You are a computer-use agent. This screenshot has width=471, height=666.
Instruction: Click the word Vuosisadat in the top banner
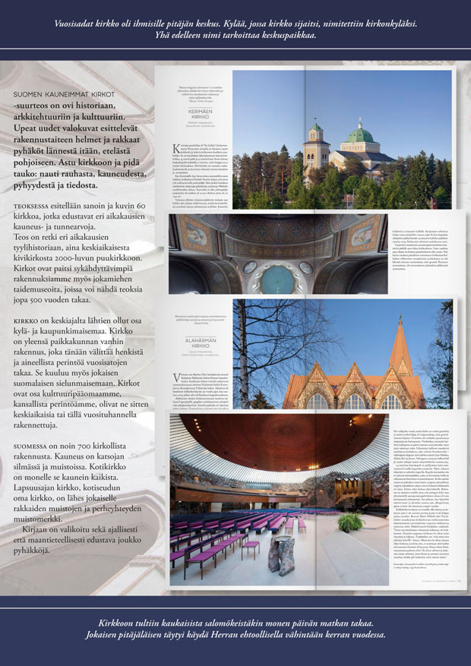pos(79,23)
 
